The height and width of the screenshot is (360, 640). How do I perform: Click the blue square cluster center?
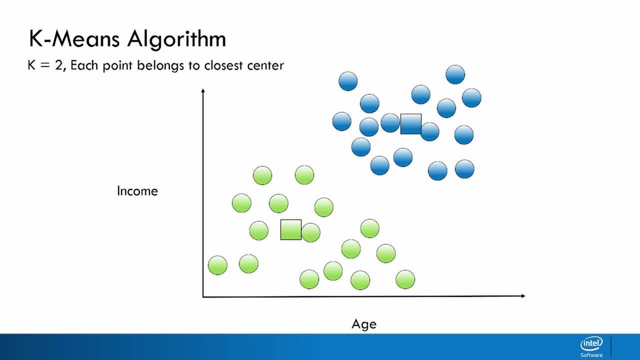tap(411, 124)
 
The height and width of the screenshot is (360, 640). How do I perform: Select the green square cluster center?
tap(291, 229)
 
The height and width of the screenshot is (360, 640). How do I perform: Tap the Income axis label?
tap(137, 191)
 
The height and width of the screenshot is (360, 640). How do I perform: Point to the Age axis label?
tap(364, 324)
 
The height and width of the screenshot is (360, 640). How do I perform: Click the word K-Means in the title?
tap(74, 39)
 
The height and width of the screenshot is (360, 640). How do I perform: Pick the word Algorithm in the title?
tap(176, 40)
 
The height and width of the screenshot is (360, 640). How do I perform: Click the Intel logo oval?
tap(591, 343)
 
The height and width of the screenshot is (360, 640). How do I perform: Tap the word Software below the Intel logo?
tap(591, 355)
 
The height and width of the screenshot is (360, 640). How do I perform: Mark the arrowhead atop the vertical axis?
tap(203, 90)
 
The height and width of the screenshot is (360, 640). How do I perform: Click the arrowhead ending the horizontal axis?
tap(523, 296)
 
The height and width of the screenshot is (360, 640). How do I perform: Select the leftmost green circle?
tap(217, 265)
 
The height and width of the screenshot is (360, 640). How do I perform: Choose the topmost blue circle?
tap(455, 74)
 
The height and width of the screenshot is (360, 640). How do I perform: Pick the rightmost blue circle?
tap(471, 98)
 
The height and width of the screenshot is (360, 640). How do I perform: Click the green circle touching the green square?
tap(310, 232)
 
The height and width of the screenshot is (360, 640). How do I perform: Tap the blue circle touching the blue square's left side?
tap(390, 123)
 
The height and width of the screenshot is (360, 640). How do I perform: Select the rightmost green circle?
tap(405, 279)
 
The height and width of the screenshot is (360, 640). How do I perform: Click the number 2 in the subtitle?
tap(58, 65)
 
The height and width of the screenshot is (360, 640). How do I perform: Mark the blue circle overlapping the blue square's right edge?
tap(429, 131)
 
